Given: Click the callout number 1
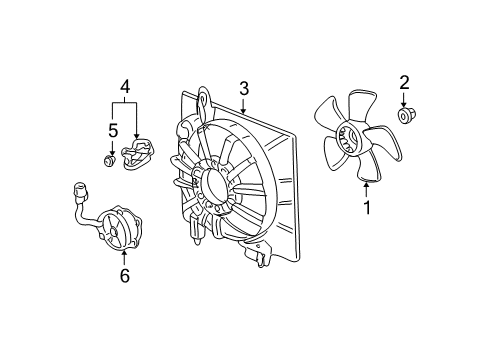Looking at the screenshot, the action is point(366,208).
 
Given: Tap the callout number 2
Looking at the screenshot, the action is point(405,82).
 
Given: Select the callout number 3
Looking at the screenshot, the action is point(243,89).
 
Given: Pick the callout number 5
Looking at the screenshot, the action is point(113,129).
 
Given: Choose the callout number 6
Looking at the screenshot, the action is point(124,276).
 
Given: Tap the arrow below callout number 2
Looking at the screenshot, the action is point(405,103).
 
